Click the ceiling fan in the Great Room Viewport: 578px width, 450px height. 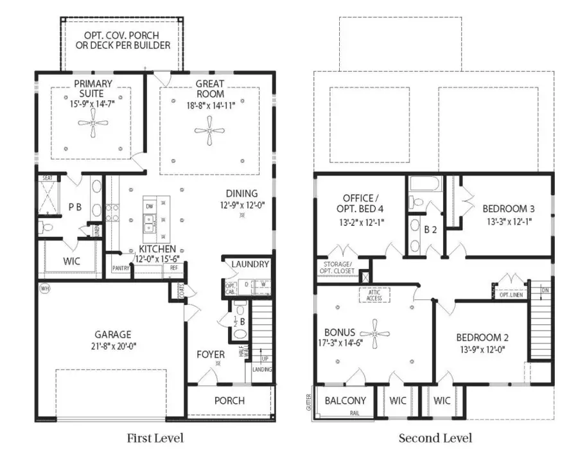click(x=209, y=131)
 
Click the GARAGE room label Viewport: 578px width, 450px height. click(x=113, y=334)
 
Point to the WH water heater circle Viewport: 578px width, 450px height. click(x=44, y=288)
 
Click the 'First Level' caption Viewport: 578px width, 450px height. click(x=155, y=438)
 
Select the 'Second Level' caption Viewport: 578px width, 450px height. click(x=435, y=438)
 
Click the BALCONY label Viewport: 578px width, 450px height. click(x=345, y=401)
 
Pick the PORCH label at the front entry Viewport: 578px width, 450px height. click(x=229, y=401)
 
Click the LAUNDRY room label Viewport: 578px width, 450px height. click(x=250, y=264)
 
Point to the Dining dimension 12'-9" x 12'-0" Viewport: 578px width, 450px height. click(x=241, y=205)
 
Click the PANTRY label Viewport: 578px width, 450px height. click(x=121, y=268)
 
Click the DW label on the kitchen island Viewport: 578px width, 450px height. click(x=149, y=206)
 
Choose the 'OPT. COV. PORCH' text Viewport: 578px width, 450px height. click(x=121, y=35)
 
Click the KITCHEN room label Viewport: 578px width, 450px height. click(x=157, y=248)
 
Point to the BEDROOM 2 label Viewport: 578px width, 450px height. click(x=482, y=338)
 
